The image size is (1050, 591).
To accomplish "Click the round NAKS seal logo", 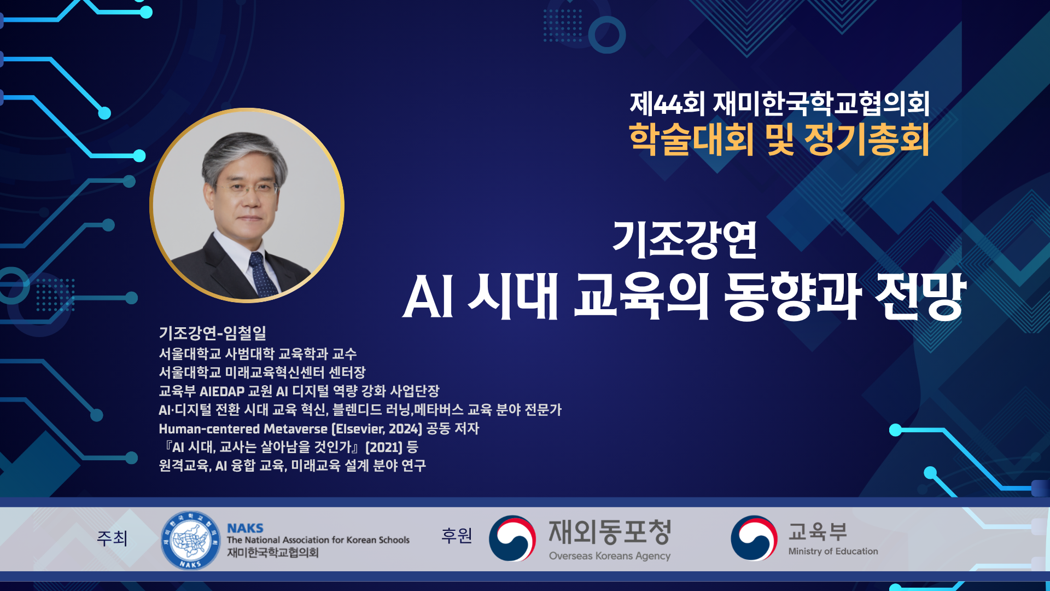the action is tap(190, 540).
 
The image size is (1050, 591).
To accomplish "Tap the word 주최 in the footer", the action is tap(112, 538).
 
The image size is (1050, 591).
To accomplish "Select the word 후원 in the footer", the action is tap(457, 535).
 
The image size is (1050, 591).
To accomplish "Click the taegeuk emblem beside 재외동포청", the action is tap(512, 538).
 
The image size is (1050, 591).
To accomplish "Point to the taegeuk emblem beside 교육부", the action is tap(754, 538).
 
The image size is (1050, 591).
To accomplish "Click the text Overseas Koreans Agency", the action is tap(610, 556).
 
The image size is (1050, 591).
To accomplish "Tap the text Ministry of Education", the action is tap(833, 551).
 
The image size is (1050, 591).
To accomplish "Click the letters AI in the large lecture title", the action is tap(428, 297).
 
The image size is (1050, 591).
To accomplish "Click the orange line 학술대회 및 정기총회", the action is tap(779, 139).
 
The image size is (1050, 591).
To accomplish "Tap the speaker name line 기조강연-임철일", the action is tap(213, 333).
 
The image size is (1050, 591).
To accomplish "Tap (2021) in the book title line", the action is tap(384, 447).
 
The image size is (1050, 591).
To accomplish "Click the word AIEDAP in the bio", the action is tap(222, 391).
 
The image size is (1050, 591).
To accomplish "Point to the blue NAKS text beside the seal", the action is tap(245, 528).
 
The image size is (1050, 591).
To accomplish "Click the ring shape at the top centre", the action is tap(607, 34).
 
